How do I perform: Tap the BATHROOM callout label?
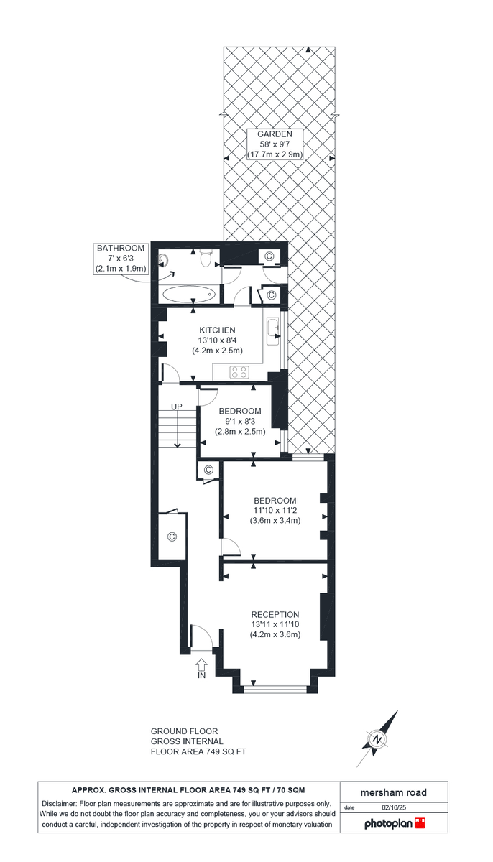tap(121, 249)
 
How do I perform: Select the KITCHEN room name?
tap(217, 330)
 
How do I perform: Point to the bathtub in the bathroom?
tap(188, 293)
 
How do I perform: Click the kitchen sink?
tap(273, 329)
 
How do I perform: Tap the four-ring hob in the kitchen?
tap(239, 371)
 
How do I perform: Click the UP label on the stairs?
tap(177, 407)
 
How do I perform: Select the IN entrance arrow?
tap(202, 667)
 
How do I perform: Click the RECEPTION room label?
tap(275, 614)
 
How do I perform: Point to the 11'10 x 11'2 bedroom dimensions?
tap(275, 511)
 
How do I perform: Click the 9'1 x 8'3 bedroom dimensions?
tap(240, 422)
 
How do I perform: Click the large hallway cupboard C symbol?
tap(172, 537)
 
